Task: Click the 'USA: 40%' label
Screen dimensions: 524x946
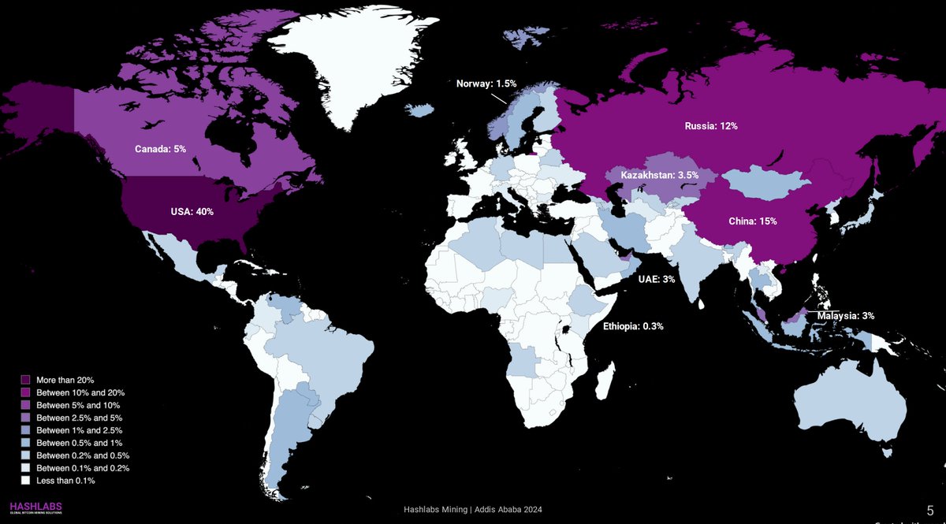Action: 192,211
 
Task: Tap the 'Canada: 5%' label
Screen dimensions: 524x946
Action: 160,148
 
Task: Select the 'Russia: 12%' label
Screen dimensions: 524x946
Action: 709,125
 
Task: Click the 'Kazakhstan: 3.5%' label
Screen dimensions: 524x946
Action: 659,173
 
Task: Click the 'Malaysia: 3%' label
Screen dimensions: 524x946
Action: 845,315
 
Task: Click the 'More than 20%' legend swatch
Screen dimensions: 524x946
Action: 25,380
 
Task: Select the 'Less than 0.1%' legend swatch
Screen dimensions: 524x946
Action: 25,480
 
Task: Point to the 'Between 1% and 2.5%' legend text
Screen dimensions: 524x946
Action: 79,430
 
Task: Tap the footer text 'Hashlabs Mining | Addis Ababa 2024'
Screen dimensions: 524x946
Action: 472,510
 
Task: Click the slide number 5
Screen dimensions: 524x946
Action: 930,510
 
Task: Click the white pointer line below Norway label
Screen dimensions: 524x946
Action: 498,98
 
